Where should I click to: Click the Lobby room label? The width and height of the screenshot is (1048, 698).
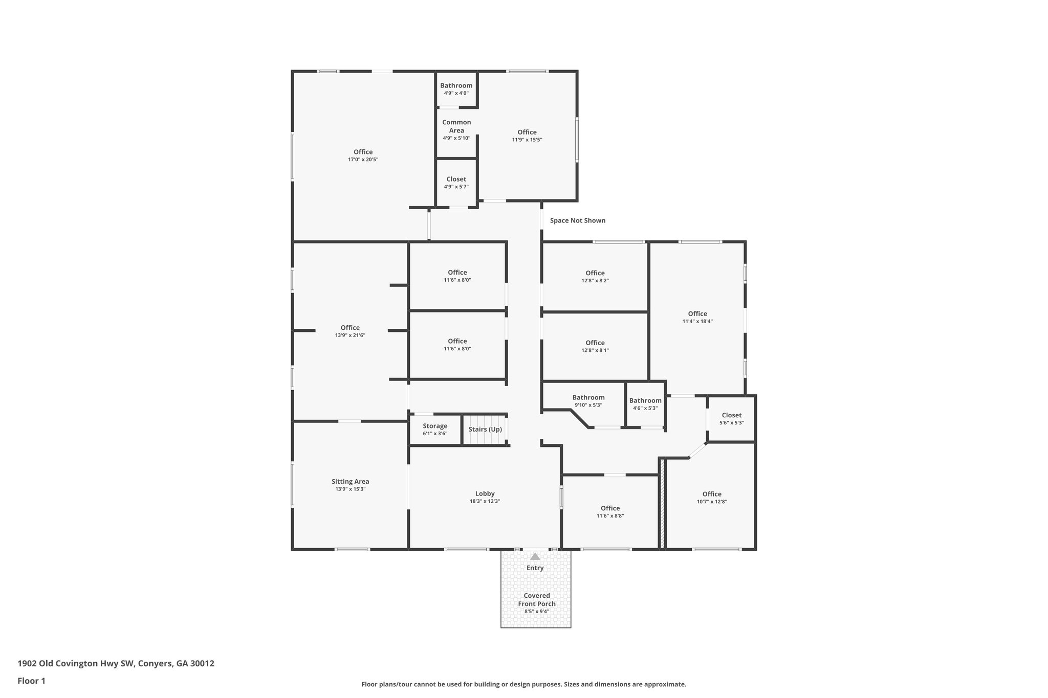click(485, 493)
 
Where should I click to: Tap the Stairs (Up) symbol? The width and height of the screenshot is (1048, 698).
click(485, 430)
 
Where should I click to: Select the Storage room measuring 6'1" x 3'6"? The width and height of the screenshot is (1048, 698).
click(435, 429)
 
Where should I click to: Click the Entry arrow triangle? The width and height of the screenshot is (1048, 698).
click(535, 557)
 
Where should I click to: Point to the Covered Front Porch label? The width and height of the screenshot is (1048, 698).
click(536, 599)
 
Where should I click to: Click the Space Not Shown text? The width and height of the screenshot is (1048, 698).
click(577, 220)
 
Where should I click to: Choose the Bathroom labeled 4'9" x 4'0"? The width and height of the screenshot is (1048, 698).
click(456, 89)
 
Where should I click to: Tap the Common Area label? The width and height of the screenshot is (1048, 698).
click(456, 126)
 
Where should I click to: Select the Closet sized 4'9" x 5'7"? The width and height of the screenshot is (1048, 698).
click(456, 183)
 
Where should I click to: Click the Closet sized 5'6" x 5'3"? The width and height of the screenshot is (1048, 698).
click(731, 418)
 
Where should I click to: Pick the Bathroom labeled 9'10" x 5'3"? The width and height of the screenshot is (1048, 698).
click(588, 400)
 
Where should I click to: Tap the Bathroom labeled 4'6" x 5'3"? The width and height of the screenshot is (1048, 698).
click(645, 403)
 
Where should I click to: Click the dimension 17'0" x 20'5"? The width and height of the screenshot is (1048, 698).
click(363, 160)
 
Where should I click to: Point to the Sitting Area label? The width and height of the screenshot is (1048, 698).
click(350, 481)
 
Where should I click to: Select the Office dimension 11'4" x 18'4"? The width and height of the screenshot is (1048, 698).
click(697, 322)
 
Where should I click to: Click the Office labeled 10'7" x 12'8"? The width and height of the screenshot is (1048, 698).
click(711, 497)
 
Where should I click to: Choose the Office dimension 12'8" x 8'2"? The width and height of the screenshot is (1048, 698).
click(595, 281)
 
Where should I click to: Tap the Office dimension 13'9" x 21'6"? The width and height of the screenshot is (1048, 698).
click(350, 335)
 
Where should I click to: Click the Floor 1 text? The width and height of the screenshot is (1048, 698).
click(31, 681)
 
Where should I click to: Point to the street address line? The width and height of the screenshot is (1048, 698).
click(116, 663)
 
